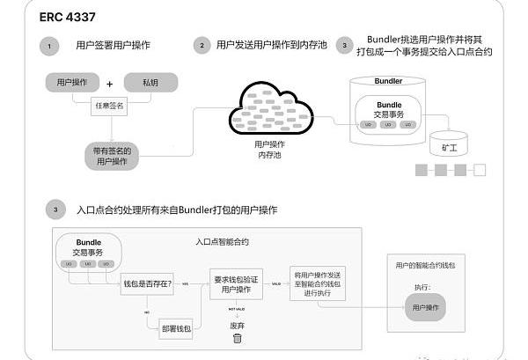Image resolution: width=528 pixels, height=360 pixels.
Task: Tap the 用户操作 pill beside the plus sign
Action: click(71, 84)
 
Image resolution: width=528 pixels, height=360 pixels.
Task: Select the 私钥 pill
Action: click(150, 84)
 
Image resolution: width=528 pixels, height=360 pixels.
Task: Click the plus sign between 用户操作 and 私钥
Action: click(110, 84)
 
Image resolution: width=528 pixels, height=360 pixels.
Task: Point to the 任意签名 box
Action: click(110, 107)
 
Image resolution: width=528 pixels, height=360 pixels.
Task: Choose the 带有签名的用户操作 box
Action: click(113, 156)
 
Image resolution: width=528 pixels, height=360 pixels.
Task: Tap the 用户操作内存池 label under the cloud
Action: click(269, 149)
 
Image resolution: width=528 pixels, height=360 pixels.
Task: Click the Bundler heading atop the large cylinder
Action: click(388, 81)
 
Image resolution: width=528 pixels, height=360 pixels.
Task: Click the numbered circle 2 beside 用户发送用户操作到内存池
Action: click(202, 45)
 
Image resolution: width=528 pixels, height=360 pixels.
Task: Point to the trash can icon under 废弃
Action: click(237, 339)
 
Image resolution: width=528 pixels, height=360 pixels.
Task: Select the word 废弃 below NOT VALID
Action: click(237, 324)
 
